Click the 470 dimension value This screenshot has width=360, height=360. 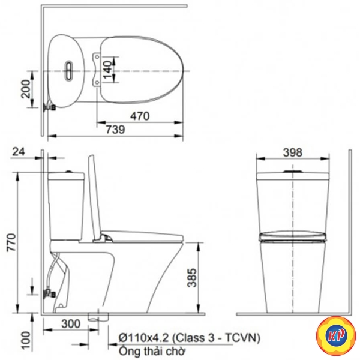[140, 116]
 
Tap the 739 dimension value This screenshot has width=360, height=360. [115, 130]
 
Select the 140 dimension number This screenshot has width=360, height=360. [107, 70]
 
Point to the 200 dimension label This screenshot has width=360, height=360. [25, 89]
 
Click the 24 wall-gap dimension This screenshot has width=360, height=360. [19, 152]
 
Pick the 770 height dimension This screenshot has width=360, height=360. [11, 242]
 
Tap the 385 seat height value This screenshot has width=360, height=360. [192, 278]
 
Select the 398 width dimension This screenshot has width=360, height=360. [293, 152]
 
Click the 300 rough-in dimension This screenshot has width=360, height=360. [71, 324]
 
